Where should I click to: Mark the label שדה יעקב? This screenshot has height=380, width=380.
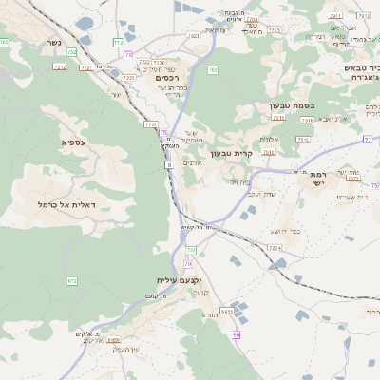(x=260, y=194)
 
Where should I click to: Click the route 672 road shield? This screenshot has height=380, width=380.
(x=71, y=281)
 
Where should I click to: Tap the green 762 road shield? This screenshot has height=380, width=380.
(x=213, y=69)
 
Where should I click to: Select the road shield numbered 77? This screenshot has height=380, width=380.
(x=367, y=140)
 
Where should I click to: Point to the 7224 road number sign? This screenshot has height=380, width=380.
(x=275, y=247)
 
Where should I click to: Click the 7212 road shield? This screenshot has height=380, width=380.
(x=60, y=67)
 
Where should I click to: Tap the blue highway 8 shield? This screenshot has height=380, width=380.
(x=169, y=165)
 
